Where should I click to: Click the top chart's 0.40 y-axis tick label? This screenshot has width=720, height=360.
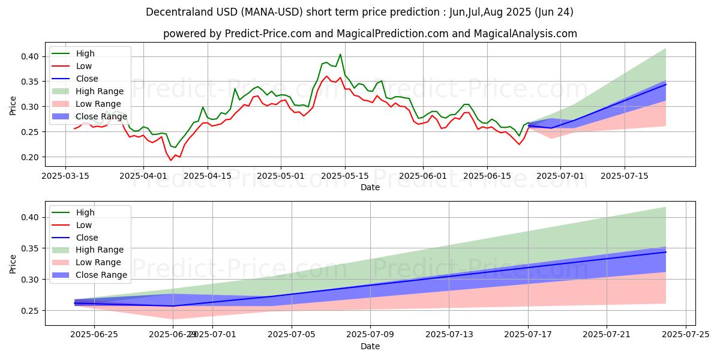pyautogui.click(x=31, y=56)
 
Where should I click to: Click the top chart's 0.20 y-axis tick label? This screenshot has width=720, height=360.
pyautogui.click(x=31, y=157)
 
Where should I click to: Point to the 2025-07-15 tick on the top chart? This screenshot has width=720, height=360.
pyautogui.click(x=625, y=176)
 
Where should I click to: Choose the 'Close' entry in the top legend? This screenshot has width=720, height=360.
pyautogui.click(x=87, y=79)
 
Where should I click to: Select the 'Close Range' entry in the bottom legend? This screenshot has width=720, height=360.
pyautogui.click(x=101, y=275)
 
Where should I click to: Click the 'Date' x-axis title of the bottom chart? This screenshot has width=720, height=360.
pyautogui.click(x=370, y=346)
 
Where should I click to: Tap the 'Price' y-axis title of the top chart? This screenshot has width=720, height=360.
pyautogui.click(x=13, y=107)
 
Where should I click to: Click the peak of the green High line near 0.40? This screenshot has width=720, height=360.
pyautogui.click(x=340, y=54)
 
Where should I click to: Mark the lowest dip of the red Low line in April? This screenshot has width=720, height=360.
pyautogui.click(x=170, y=160)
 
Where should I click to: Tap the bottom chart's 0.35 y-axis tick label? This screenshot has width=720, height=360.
pyautogui.click(x=31, y=248)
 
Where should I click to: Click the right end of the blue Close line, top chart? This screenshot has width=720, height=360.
pyautogui.click(x=666, y=84)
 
